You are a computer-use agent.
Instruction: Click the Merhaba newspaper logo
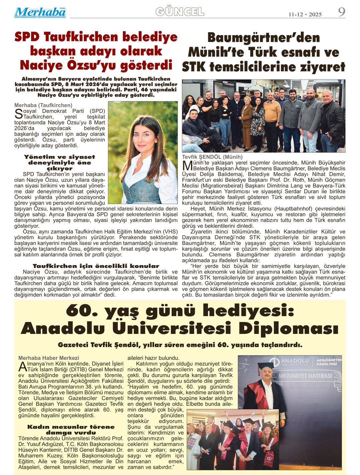(x=40, y=12)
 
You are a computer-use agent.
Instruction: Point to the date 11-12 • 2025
(x=305, y=14)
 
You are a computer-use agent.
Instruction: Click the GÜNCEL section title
(x=180, y=12)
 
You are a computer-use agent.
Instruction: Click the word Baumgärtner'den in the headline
(x=263, y=38)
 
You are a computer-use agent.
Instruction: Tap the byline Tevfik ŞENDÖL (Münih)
(x=212, y=157)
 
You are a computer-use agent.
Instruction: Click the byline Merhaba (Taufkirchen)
(x=43, y=105)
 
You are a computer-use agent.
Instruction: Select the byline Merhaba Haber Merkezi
(x=49, y=358)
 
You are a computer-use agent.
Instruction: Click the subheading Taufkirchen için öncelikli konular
(x=96, y=266)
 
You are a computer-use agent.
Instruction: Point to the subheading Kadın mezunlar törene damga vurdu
(x=71, y=430)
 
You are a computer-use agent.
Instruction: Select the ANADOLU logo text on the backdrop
(x=294, y=361)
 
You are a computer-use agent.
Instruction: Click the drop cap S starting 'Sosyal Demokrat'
(x=19, y=114)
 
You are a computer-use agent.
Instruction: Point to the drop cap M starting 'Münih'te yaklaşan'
(x=187, y=165)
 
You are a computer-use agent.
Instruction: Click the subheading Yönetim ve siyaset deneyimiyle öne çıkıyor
(x=59, y=163)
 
